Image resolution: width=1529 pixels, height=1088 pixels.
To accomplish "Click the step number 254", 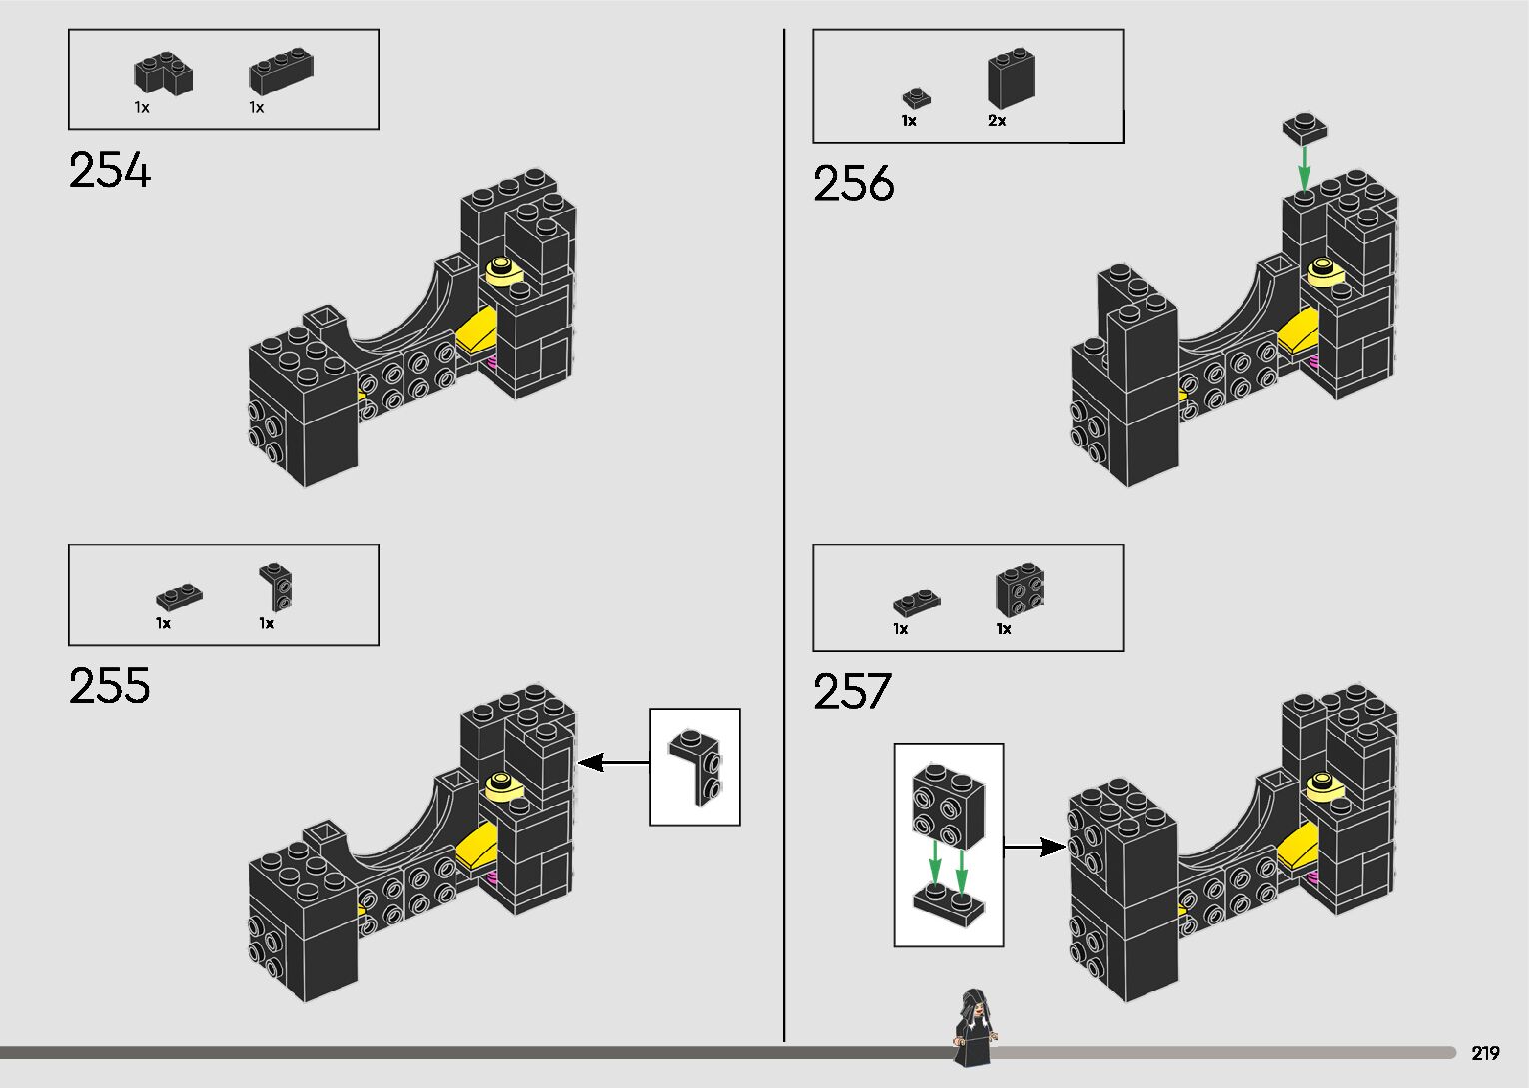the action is point(110,171).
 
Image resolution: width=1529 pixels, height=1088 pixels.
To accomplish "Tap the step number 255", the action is point(110,686).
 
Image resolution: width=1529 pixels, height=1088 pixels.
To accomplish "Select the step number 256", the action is point(854,184).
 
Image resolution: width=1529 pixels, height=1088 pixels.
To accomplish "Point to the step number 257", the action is point(852,691).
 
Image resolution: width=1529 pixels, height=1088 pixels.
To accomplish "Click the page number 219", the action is point(1485,1053).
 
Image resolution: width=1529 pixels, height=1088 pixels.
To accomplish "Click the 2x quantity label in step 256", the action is point(997,121).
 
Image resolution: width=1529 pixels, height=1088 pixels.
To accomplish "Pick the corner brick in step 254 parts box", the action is point(163,75).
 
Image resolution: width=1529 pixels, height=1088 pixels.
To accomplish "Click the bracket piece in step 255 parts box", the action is point(277,586).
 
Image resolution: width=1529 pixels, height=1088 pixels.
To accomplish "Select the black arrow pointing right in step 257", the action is point(1035,848).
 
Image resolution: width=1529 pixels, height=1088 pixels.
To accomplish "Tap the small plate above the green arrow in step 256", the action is point(1306,128).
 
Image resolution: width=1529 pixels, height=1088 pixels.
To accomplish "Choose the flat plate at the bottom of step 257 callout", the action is point(948,904).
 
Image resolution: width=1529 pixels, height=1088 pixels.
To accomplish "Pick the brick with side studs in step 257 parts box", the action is point(1019,590).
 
